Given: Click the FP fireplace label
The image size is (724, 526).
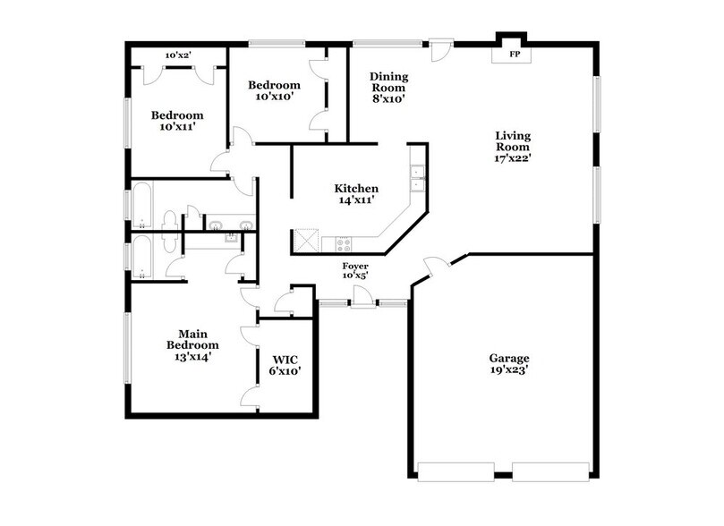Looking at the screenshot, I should click(515, 54).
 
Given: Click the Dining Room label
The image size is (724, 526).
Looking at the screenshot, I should click(388, 82).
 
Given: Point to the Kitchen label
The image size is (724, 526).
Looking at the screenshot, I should click(356, 189).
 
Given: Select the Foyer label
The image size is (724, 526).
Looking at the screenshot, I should click(355, 266).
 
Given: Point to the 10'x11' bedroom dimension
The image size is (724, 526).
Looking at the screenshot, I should click(176, 127).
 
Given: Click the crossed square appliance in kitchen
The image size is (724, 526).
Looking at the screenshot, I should click(307, 241).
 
